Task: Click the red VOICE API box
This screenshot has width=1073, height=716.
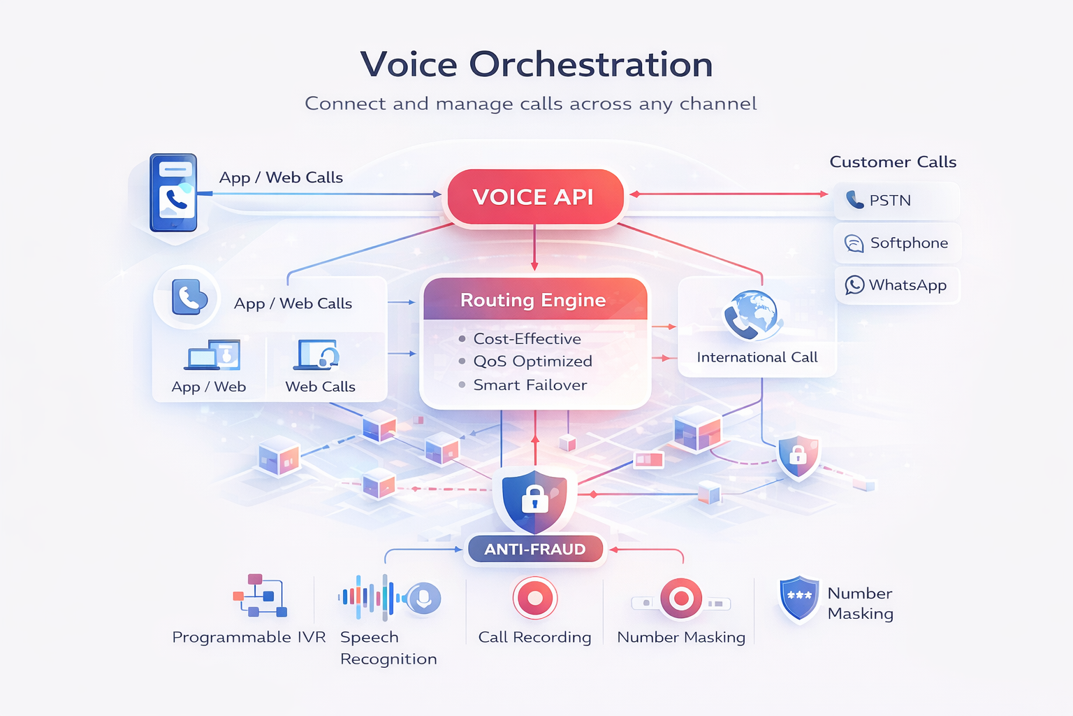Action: (534, 197)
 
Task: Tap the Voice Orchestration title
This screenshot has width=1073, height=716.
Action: (536, 64)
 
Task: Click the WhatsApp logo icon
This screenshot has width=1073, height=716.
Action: (854, 285)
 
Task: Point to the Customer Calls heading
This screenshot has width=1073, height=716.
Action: (893, 162)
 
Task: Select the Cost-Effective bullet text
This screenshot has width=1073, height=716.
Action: (527, 339)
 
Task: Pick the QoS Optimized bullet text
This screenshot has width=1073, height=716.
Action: (532, 361)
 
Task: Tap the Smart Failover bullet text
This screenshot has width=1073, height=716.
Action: (530, 385)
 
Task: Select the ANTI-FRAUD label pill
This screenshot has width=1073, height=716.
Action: (534, 550)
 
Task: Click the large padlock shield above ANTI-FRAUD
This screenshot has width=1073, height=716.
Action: (534, 498)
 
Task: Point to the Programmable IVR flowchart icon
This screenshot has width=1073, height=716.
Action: (259, 596)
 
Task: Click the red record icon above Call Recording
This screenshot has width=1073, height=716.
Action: (534, 599)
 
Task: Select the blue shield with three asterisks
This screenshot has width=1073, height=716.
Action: (799, 598)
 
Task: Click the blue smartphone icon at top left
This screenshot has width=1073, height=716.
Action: (173, 192)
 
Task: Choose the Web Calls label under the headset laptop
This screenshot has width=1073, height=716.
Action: (320, 387)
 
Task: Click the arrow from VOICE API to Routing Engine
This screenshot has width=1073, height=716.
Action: (534, 248)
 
